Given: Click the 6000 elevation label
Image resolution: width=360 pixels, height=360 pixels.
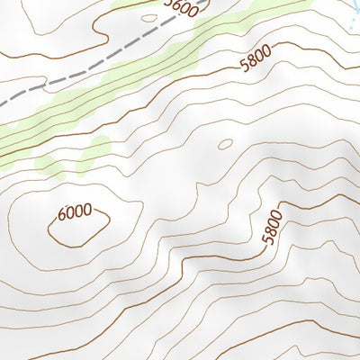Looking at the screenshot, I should coord(75,212).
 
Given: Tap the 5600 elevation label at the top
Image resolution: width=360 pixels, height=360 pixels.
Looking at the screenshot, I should coord(181,8).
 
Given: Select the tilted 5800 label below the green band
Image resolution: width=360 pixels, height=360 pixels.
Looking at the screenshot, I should coord(255,63).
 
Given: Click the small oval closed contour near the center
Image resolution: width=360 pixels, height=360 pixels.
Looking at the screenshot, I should coord(224,143).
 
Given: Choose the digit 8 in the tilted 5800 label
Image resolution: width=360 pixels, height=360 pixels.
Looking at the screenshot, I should coord(251,64).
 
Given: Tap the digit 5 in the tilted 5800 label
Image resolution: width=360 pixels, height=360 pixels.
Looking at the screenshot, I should coord(244,67).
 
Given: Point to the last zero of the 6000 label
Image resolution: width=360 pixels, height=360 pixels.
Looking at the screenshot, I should coord(87,211).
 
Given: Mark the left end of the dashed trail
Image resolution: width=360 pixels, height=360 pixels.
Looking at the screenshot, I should coord(2,105).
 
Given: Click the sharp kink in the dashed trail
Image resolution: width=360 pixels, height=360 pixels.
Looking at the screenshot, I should coord(45,87).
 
